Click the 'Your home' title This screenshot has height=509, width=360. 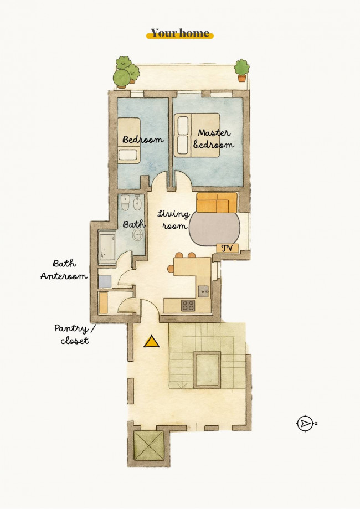coord(180,33)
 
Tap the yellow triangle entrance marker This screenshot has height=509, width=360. coord(151,342)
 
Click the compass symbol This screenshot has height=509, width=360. coord(305,423)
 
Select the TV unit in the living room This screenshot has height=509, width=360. coord(227,248)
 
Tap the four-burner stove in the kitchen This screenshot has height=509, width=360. coord(188,305)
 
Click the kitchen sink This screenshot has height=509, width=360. coord(203,291)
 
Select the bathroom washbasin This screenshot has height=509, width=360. coord(138,234)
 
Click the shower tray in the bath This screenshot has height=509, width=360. coord(107,246)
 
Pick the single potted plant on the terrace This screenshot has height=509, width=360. coord(242,70)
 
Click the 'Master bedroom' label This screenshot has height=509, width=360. coord(214,138)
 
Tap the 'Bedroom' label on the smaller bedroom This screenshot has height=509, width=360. coord(143,140)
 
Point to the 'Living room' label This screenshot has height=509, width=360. coord(174,219)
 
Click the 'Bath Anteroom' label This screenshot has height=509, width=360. coord(64,269)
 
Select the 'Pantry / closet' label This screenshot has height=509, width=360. coord(75,334)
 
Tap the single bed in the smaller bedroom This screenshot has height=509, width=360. coord(129,141)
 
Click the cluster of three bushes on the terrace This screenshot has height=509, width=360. coord(126,72)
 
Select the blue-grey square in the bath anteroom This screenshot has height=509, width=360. coord(105,281)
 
